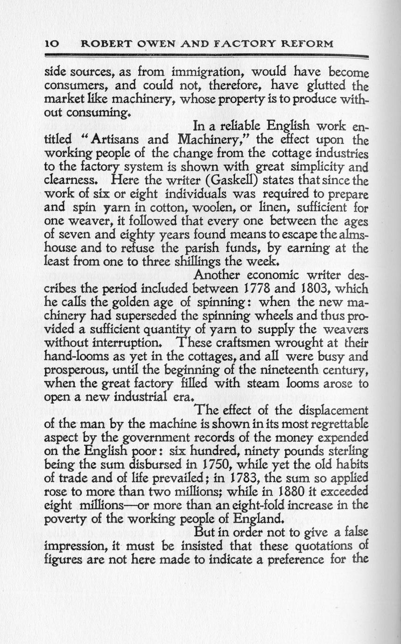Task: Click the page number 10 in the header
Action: pyautogui.click(x=50, y=44)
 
